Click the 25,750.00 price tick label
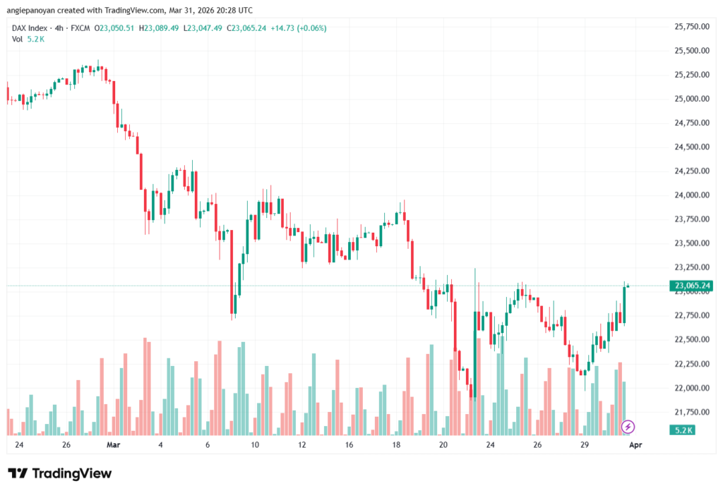point(691,27)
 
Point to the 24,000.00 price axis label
point(691,195)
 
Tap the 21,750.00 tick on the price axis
point(691,412)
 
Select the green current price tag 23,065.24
point(691,286)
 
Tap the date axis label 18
point(396,446)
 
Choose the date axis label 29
point(585,446)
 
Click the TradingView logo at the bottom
point(59,473)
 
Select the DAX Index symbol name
point(30,28)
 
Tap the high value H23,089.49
point(160,28)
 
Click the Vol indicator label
point(18,39)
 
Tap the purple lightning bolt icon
point(628,427)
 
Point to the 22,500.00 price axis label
point(691,339)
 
